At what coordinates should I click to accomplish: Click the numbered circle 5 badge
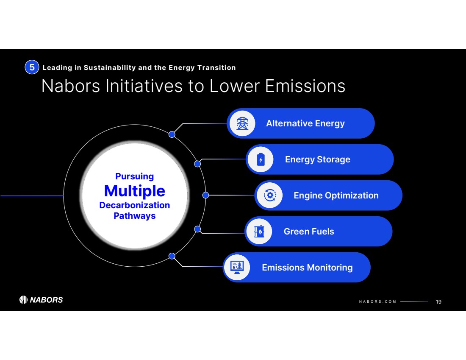(32, 67)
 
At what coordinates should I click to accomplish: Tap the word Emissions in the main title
(305, 86)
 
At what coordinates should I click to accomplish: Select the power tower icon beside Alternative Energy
(242, 123)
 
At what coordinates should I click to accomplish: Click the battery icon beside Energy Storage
(261, 159)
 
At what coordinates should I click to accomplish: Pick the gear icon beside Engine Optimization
(270, 195)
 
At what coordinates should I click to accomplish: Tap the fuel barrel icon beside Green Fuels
(259, 232)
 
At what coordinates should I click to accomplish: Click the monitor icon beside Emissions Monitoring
(237, 267)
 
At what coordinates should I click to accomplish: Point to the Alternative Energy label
(305, 123)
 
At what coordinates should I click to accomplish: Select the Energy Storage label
(317, 159)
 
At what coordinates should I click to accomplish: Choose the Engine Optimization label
(336, 195)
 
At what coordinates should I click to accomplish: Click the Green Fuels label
(309, 232)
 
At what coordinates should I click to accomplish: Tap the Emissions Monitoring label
(307, 268)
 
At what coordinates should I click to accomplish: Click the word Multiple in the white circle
(135, 191)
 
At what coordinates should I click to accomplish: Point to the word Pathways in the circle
(135, 216)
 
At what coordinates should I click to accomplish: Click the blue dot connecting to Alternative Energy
(172, 134)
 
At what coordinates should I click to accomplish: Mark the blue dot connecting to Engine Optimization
(205, 195)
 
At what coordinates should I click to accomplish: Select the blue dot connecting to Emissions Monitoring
(172, 256)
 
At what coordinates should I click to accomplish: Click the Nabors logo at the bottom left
(41, 300)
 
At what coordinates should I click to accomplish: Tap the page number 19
(438, 301)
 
